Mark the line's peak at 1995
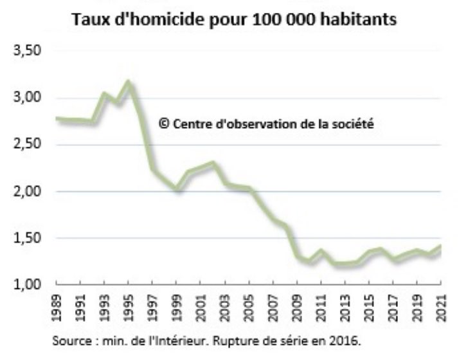click(129, 82)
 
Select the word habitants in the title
click(361, 20)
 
